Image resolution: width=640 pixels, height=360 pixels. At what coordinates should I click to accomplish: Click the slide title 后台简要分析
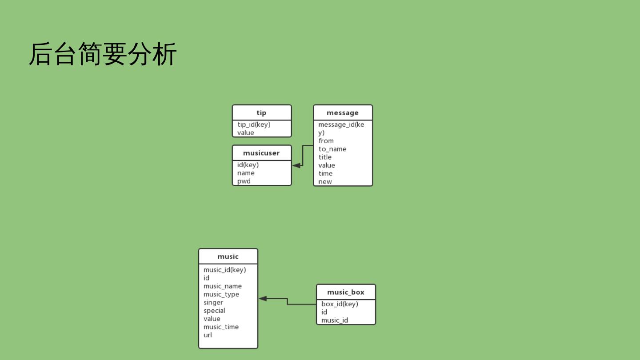(x=103, y=54)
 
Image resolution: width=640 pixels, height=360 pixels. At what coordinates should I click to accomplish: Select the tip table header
(x=261, y=113)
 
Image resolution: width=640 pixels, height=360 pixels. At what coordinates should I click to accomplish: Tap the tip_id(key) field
(x=254, y=124)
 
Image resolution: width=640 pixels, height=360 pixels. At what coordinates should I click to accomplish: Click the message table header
(x=342, y=113)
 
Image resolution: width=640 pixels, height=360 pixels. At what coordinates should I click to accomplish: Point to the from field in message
(x=326, y=141)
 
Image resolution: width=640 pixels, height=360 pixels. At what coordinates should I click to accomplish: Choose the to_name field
(x=332, y=149)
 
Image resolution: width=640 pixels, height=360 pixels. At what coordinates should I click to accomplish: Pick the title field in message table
(x=325, y=157)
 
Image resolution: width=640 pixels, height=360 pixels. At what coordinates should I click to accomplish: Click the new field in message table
(x=325, y=181)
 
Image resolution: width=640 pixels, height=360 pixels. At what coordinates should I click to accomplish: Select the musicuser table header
(x=261, y=153)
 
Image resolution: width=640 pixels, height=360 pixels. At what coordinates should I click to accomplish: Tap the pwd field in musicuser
(x=244, y=181)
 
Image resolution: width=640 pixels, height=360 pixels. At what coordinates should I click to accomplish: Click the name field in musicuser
(x=246, y=173)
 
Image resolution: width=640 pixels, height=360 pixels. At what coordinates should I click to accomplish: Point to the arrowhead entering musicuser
(x=296, y=165)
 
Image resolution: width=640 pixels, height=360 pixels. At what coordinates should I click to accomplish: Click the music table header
(x=228, y=256)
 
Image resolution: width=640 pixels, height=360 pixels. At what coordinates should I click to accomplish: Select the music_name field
(x=223, y=286)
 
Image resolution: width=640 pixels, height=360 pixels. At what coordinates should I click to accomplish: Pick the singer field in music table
(x=213, y=302)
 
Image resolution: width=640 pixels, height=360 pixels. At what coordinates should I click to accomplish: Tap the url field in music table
(x=208, y=335)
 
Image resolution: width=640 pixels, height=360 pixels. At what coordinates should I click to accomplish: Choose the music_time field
(x=221, y=327)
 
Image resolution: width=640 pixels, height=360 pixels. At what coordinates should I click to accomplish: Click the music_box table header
(x=346, y=292)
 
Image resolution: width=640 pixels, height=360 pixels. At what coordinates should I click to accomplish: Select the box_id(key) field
(x=340, y=304)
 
